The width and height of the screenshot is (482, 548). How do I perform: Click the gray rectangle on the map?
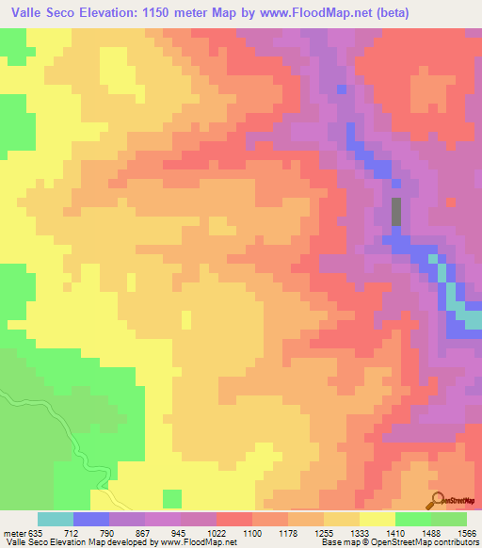[395, 211]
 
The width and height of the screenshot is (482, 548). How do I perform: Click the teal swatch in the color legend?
[56, 519]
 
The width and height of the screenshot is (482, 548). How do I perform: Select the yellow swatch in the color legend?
[377, 519]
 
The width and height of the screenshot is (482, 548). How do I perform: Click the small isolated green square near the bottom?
[172, 497]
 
